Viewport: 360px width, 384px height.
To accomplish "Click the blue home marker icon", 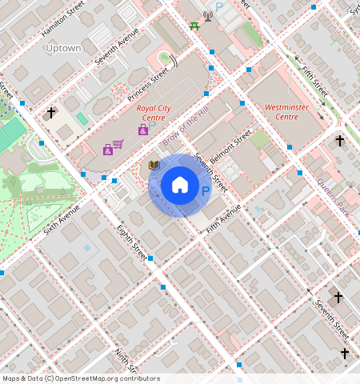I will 180,186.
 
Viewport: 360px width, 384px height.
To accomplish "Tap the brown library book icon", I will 154,165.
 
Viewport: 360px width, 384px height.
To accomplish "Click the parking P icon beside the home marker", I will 206,191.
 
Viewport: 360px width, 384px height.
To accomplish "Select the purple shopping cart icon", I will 118,145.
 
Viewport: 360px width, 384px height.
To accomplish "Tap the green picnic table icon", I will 194,26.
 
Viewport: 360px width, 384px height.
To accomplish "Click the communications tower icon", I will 208,14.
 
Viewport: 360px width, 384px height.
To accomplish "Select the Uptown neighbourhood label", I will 63,48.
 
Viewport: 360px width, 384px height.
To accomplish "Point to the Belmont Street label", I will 231,144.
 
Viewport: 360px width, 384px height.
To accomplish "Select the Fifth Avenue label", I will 223,218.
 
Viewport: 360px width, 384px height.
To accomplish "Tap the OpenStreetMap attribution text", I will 81,378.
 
